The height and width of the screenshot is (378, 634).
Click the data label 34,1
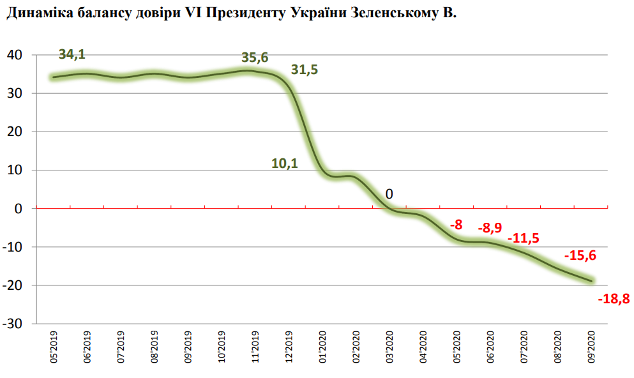[72, 55]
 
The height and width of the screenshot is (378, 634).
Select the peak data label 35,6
[255, 57]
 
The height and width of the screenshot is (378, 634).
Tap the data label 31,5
[304, 70]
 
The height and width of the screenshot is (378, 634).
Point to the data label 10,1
[284, 163]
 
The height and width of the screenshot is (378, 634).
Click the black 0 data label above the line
[388, 195]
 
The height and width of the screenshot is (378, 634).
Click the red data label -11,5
[523, 238]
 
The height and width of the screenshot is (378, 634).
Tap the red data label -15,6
[580, 255]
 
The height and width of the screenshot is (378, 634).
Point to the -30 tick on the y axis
[13, 324]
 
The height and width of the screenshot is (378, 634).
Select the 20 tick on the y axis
[15, 132]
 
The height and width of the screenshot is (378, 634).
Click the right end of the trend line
[591, 280]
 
